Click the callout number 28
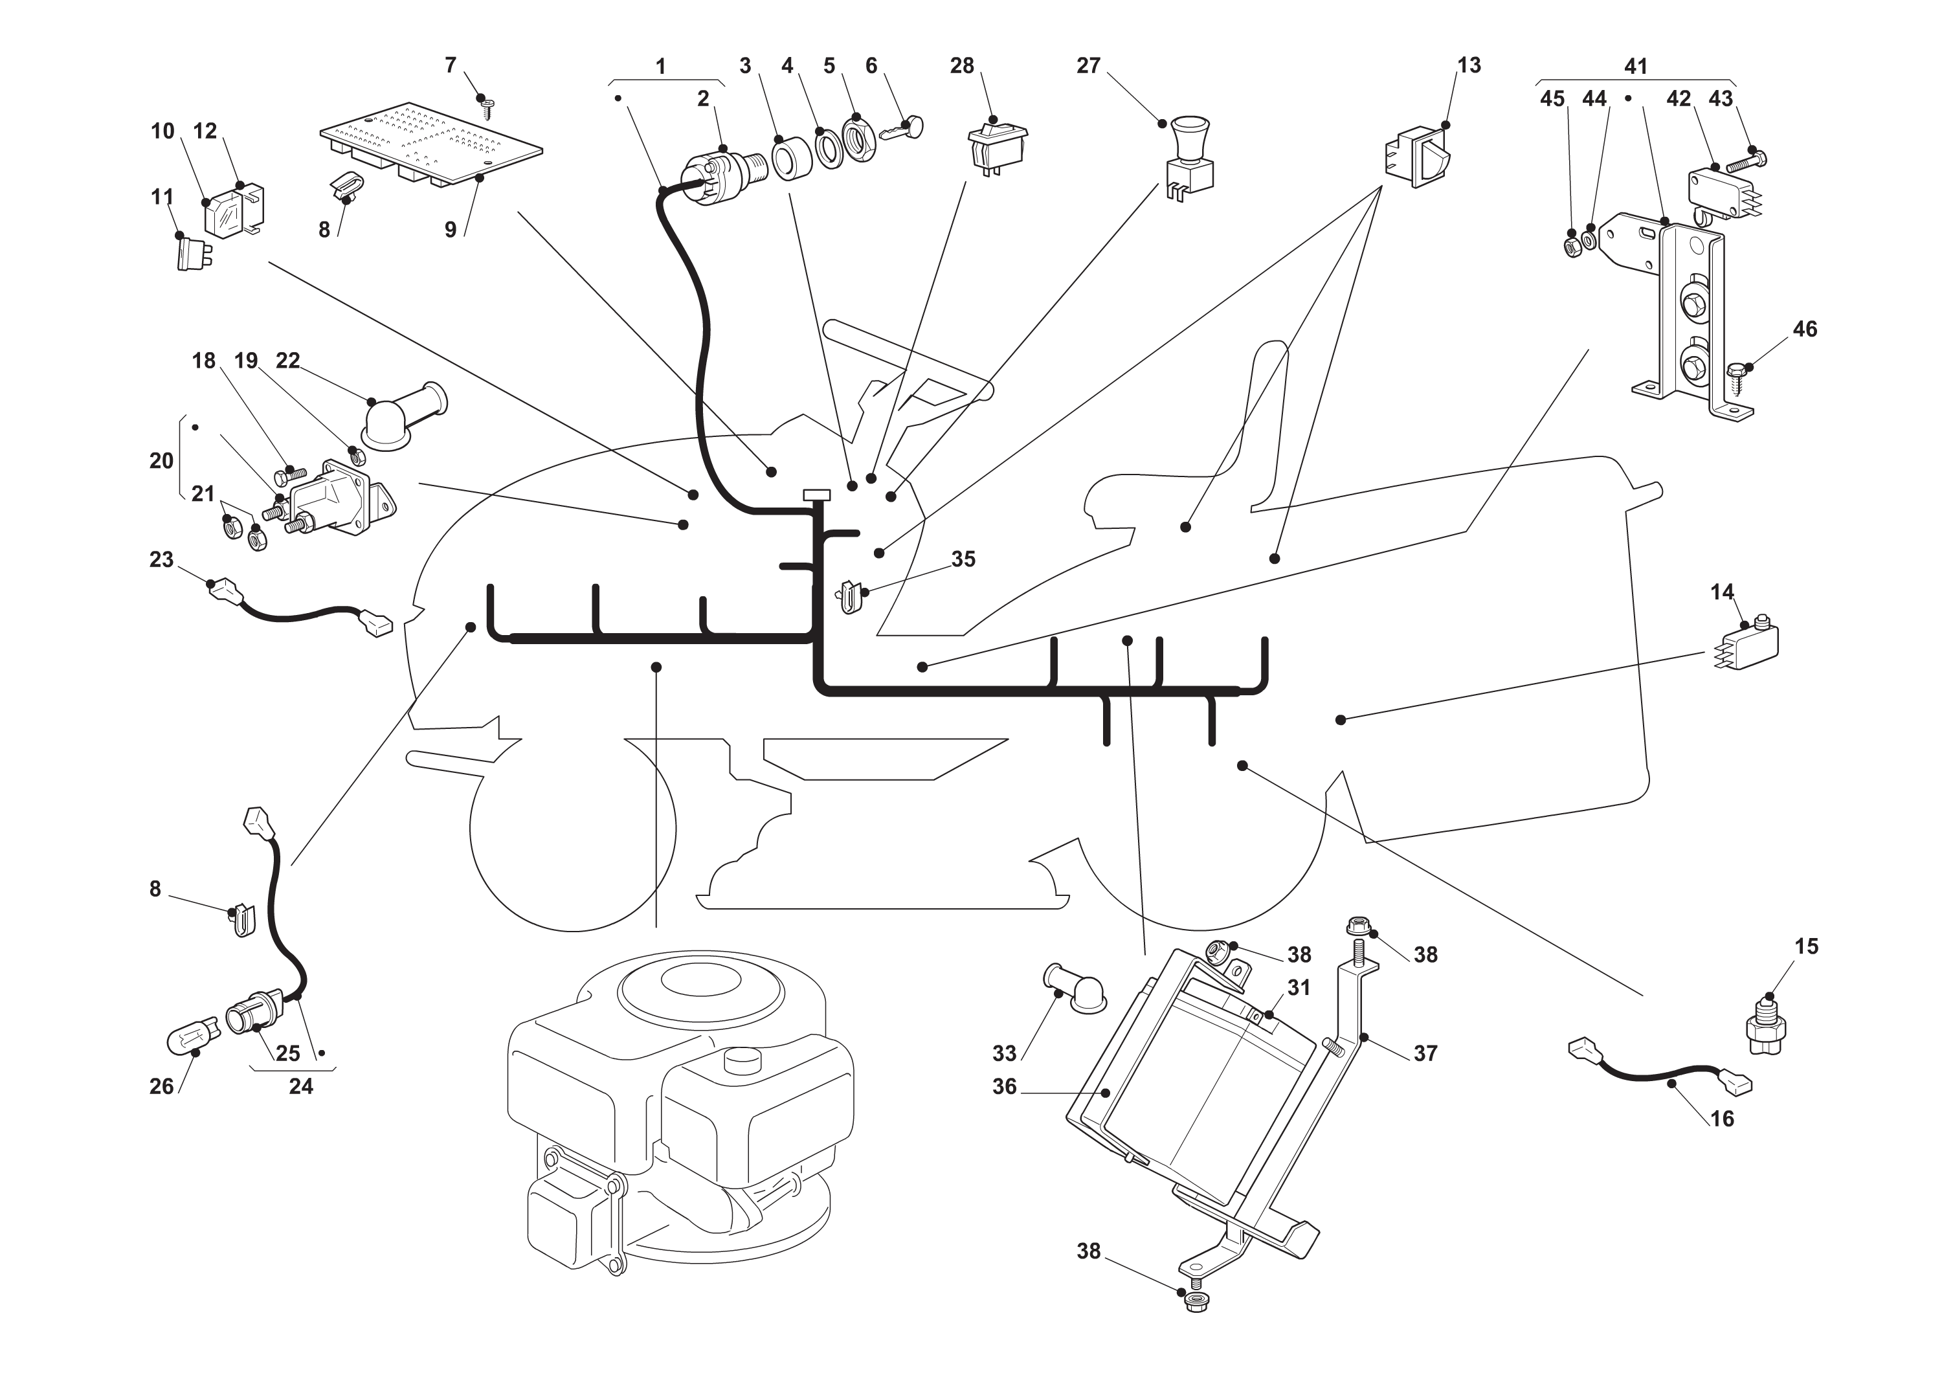962,66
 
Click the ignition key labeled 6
902,129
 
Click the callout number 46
1805,330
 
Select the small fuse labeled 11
193,254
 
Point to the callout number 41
1636,66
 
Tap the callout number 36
1004,1086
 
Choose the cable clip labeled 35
850,596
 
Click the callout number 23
161,560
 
